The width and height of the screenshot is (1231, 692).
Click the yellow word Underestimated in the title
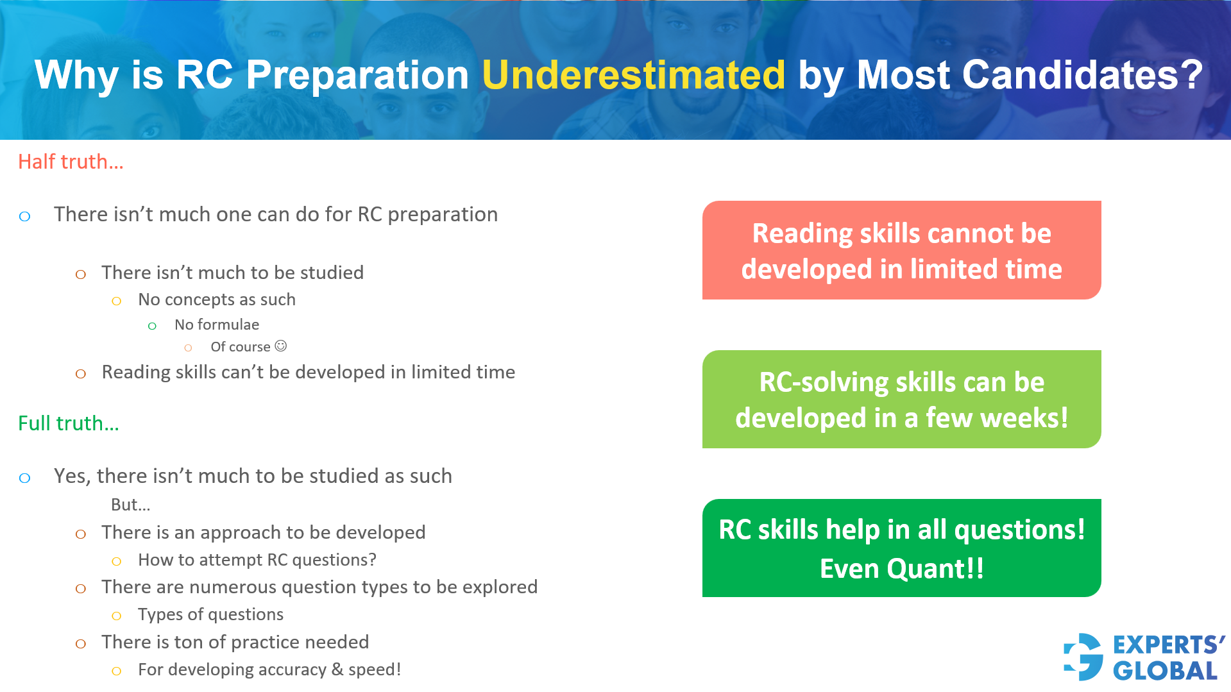pos(633,75)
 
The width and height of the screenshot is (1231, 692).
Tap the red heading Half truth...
pos(71,162)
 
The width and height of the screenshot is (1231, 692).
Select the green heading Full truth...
pos(69,423)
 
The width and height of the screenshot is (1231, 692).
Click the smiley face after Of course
pos(281,346)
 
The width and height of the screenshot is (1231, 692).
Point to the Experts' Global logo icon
pos(1083,657)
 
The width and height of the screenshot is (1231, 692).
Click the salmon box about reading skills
pos(901,250)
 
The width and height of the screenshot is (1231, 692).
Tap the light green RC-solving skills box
pos(901,399)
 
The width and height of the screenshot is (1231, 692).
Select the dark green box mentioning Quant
pos(901,548)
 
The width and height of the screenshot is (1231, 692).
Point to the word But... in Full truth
pos(131,505)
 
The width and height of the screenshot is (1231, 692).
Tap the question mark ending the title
pos(1193,75)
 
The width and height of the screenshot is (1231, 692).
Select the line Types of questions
pos(210,614)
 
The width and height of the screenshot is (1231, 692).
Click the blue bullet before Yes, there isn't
pos(25,478)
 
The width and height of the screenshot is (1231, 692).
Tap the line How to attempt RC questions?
pos(257,560)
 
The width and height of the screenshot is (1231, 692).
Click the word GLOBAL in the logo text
pos(1165,671)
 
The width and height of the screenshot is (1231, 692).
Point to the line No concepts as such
pos(217,300)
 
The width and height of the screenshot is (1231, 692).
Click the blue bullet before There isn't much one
pos(25,216)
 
